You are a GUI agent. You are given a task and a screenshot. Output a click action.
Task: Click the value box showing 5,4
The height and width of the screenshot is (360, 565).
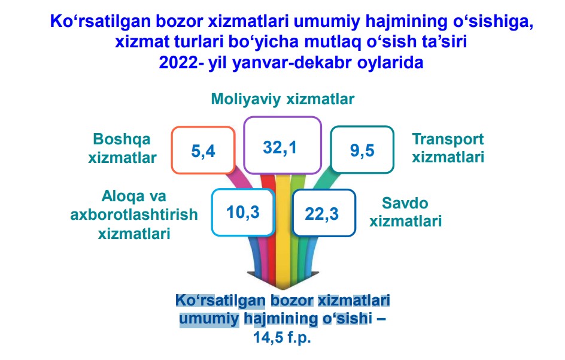pos(203,150)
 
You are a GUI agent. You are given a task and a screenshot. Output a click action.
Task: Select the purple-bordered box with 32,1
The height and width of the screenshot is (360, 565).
pos(282,146)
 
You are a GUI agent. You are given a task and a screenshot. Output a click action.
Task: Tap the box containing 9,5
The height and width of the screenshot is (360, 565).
pos(362,149)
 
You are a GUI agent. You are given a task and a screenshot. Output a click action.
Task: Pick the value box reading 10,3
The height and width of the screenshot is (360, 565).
pos(243,212)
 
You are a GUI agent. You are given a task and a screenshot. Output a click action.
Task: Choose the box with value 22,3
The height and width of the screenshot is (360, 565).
pos(324,213)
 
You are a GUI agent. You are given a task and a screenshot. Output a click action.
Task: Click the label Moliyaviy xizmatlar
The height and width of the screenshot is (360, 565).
pos(282,99)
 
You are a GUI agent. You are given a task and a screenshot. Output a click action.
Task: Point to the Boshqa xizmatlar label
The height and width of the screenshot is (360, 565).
pos(122,149)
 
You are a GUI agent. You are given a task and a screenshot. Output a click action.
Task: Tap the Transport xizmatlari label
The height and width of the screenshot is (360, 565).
pos(448,148)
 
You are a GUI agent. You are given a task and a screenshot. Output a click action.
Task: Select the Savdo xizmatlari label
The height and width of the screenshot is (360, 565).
pos(405,212)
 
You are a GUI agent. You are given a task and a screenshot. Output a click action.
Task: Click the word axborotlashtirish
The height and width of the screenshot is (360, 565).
pos(134,214)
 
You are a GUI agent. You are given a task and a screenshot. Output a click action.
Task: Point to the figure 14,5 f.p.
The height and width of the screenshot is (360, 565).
pos(282,338)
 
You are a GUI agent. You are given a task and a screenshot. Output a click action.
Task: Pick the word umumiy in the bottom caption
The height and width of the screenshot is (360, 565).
pos(209,319)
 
